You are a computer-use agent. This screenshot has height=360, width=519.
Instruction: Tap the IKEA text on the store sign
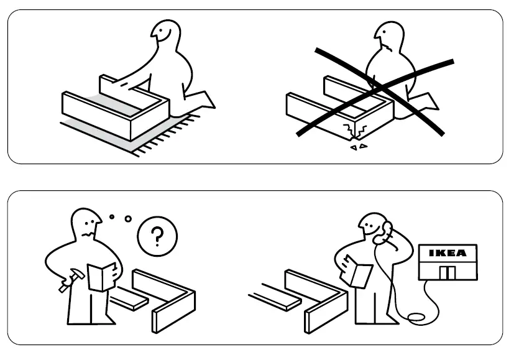pos(448,254)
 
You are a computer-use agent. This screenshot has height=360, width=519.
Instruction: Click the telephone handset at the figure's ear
pos(388,231)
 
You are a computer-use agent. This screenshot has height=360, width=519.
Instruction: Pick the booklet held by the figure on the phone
pos(360,272)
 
